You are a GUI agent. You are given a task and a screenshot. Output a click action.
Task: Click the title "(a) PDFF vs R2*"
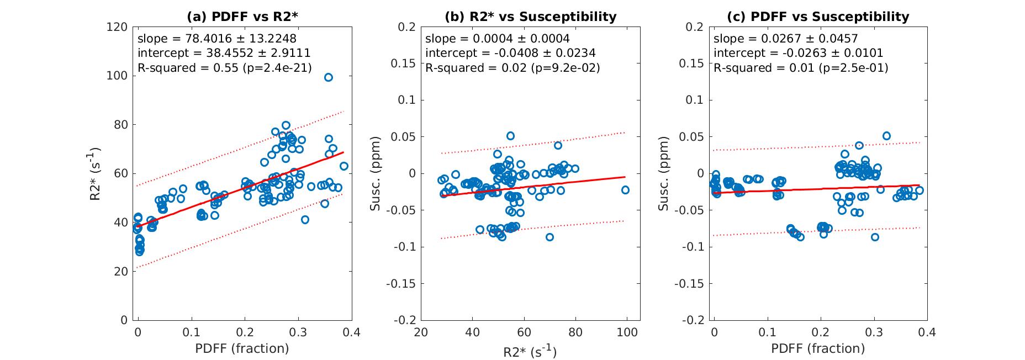(x=242, y=17)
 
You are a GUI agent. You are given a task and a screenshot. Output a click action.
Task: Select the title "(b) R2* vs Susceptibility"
(x=530, y=17)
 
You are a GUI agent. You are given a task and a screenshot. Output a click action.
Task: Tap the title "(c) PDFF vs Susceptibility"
(x=818, y=17)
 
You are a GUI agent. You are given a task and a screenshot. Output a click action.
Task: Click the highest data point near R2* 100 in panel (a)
(x=329, y=77)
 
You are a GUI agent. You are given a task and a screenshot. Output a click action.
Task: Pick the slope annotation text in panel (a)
(x=216, y=39)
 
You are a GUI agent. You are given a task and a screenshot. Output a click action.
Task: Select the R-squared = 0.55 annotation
(x=224, y=68)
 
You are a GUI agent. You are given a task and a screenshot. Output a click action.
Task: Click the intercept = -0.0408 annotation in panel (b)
(x=510, y=54)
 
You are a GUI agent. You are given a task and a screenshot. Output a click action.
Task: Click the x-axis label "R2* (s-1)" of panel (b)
(x=530, y=351)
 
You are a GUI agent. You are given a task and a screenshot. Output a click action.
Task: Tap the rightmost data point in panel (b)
(x=625, y=190)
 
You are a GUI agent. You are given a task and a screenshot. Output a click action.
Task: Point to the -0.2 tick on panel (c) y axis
(x=694, y=320)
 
